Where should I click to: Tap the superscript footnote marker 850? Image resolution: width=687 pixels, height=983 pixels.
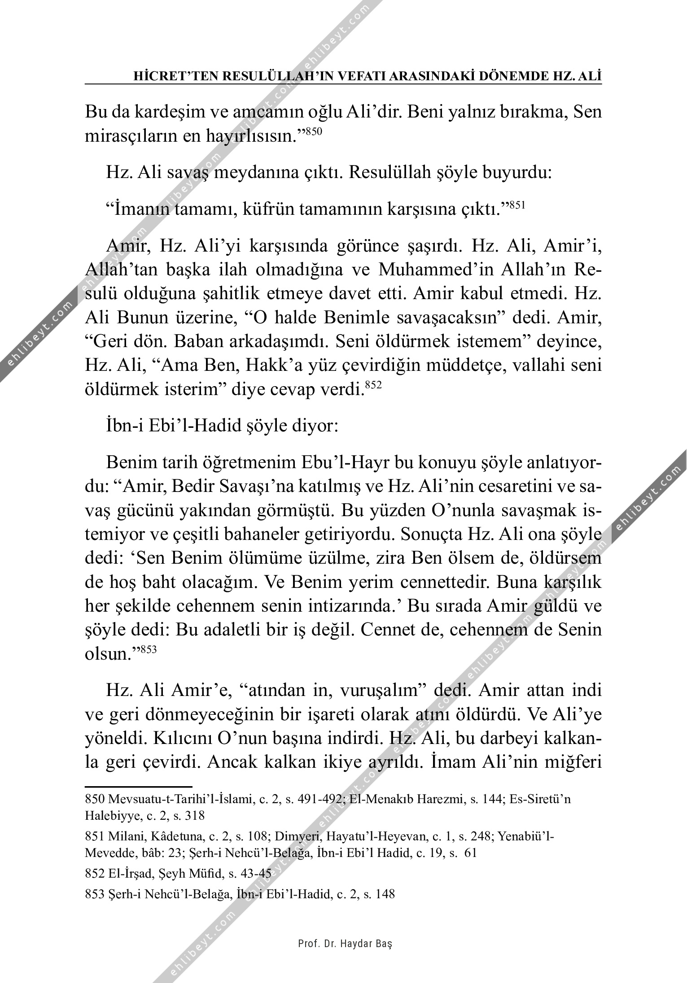[314, 131]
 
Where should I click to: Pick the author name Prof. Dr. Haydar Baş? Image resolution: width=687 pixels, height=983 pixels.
[345, 943]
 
